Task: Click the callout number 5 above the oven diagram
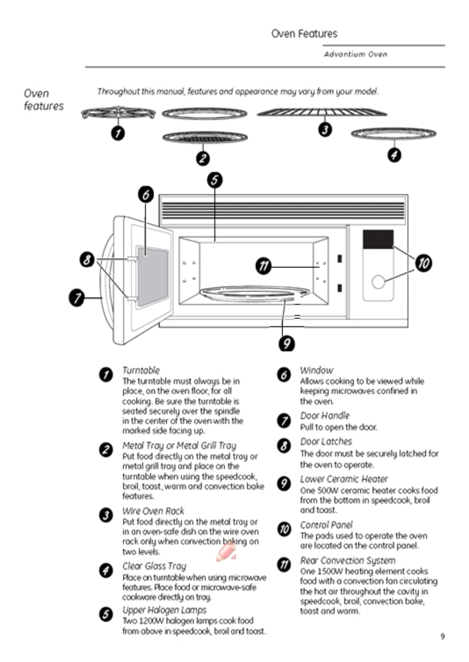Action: pyautogui.click(x=215, y=180)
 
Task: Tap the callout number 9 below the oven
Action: pyautogui.click(x=286, y=343)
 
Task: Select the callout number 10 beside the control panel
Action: pyautogui.click(x=424, y=263)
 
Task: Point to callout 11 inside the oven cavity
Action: pyautogui.click(x=264, y=267)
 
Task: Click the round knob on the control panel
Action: pyautogui.click(x=378, y=282)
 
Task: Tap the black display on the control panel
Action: pyautogui.click(x=378, y=239)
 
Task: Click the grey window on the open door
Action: pyautogui.click(x=152, y=277)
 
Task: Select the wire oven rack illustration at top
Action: pyautogui.click(x=322, y=112)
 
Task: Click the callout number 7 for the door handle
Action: pyautogui.click(x=76, y=297)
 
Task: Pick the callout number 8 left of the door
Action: pyautogui.click(x=87, y=259)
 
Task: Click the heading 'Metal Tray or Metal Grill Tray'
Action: pyautogui.click(x=179, y=445)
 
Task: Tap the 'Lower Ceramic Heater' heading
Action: pyautogui.click(x=344, y=479)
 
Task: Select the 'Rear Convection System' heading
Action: pyautogui.click(x=348, y=561)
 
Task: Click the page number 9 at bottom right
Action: pyautogui.click(x=442, y=636)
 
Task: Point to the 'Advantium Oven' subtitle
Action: pyautogui.click(x=355, y=54)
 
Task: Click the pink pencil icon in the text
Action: pyautogui.click(x=226, y=551)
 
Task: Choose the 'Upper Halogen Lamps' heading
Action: pyautogui.click(x=164, y=610)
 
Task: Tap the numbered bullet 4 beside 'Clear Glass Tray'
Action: pyautogui.click(x=106, y=570)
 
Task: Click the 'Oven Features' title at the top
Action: pyautogui.click(x=304, y=34)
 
